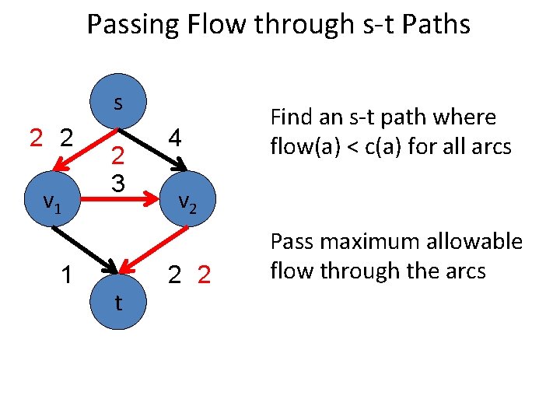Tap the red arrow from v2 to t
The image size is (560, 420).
pos(156,248)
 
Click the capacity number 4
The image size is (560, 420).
pos(176,138)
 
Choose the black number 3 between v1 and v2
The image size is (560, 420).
pos(117,184)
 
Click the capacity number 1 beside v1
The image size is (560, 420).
pos(68,275)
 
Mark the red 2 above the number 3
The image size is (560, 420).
pos(117,157)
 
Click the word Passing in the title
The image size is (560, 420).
pos(133,25)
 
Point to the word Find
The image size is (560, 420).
pos(292,118)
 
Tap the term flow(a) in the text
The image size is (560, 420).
pos(306,145)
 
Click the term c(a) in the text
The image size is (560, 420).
pos(387,145)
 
